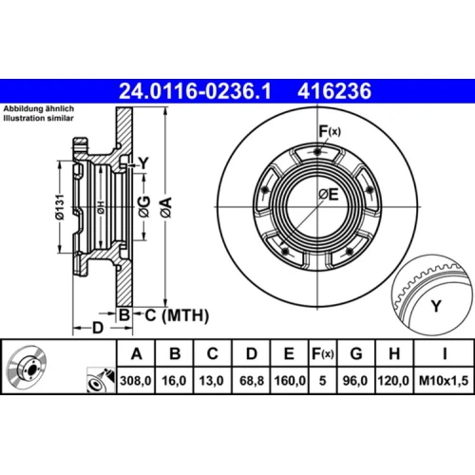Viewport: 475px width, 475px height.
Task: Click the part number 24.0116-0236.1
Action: click(195, 91)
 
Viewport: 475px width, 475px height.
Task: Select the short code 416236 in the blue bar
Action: click(334, 91)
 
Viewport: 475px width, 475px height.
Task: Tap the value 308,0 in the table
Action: click(136, 380)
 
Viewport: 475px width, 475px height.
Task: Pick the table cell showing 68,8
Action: click(252, 380)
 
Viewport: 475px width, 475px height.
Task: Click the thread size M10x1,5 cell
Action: click(444, 380)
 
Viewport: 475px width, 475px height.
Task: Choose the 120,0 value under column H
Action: click(393, 380)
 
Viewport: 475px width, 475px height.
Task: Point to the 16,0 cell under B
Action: click(174, 380)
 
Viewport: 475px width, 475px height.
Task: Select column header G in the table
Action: click(356, 353)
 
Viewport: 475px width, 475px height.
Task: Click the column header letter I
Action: click(445, 353)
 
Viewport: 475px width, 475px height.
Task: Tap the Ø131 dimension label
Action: click(60, 207)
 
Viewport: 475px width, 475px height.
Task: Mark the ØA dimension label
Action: click(165, 207)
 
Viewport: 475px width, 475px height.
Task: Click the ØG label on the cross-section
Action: click(144, 207)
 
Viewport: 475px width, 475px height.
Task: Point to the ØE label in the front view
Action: click(329, 194)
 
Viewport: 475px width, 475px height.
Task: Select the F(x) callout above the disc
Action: click(330, 131)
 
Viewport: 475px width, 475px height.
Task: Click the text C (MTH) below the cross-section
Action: click(177, 315)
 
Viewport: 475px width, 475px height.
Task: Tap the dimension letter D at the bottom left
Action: click(98, 328)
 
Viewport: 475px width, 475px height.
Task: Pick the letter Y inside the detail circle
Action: click(436, 306)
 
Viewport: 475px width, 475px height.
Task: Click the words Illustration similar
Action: click(38, 118)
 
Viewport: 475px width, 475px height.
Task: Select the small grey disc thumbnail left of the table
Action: click(28, 367)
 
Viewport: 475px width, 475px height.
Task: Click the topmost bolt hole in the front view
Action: click(317, 152)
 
